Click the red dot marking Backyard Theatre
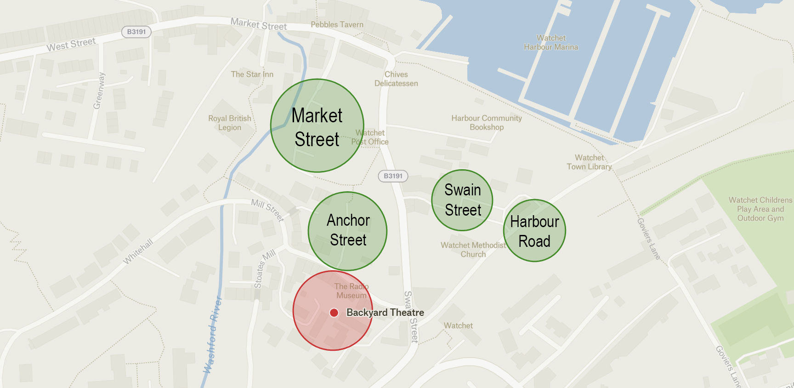[334, 313]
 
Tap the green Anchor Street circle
[348, 231]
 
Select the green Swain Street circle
[462, 200]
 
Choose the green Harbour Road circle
[534, 231]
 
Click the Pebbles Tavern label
[337, 25]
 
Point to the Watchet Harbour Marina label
[551, 42]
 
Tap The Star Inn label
[252, 74]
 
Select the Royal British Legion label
[230, 123]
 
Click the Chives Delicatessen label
[396, 79]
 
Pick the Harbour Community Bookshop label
[487, 123]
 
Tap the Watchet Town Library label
[590, 162]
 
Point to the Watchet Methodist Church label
[473, 250]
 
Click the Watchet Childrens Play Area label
[760, 209]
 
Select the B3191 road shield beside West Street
[136, 32]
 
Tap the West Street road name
[71, 45]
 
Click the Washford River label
[213, 335]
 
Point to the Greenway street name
[99, 91]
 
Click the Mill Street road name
[268, 210]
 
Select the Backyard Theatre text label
[385, 313]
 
